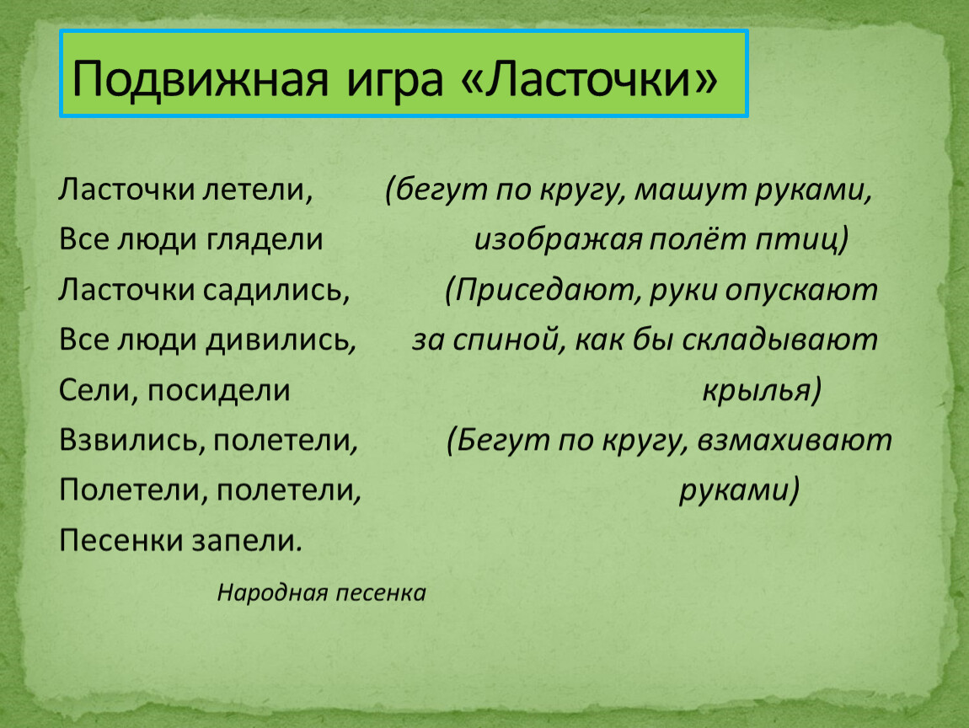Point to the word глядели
pyautogui.click(x=265, y=240)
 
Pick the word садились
pyautogui.click(x=276, y=290)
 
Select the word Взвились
pyautogui.click(x=132, y=441)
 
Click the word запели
pyautogui.click(x=247, y=541)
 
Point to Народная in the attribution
pyautogui.click(x=272, y=593)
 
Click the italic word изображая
pyautogui.click(x=559, y=240)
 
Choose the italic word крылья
pyautogui.click(x=762, y=391)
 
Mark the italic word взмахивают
pyautogui.click(x=794, y=441)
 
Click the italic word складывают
pyautogui.click(x=780, y=340)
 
